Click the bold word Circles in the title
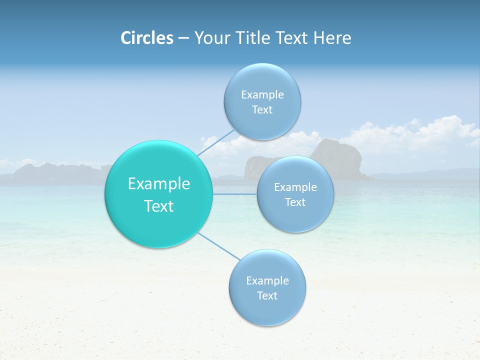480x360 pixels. click(x=147, y=38)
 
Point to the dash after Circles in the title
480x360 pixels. click(x=183, y=38)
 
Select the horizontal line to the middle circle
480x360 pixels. click(x=234, y=194)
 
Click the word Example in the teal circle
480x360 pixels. click(x=159, y=184)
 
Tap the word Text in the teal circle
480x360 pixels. click(x=159, y=206)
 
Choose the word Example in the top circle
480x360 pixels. click(x=262, y=95)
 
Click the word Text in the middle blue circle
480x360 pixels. click(x=295, y=202)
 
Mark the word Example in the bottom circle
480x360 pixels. click(x=267, y=280)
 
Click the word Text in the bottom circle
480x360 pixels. click(x=267, y=295)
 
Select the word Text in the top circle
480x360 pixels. click(x=262, y=110)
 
